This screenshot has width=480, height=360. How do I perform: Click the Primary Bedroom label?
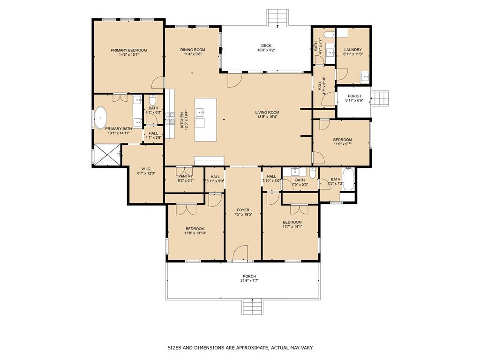128,50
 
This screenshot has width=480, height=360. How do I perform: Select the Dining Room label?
193,50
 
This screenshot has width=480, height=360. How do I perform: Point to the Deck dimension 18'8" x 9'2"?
266,50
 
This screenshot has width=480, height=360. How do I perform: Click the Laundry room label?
353,50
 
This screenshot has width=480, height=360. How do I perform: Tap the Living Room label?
267,112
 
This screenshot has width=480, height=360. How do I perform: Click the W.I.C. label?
146,169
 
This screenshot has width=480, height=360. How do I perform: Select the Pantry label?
185,176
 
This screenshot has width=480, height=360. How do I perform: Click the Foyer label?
243,210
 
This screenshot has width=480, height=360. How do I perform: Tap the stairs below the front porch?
252,307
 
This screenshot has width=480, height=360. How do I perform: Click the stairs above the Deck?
277,17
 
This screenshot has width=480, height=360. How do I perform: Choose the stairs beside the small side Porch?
380,98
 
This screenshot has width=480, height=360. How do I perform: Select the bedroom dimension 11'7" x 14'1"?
292,226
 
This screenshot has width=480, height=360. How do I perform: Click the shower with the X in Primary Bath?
107,155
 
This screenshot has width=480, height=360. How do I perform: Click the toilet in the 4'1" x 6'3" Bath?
152,100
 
